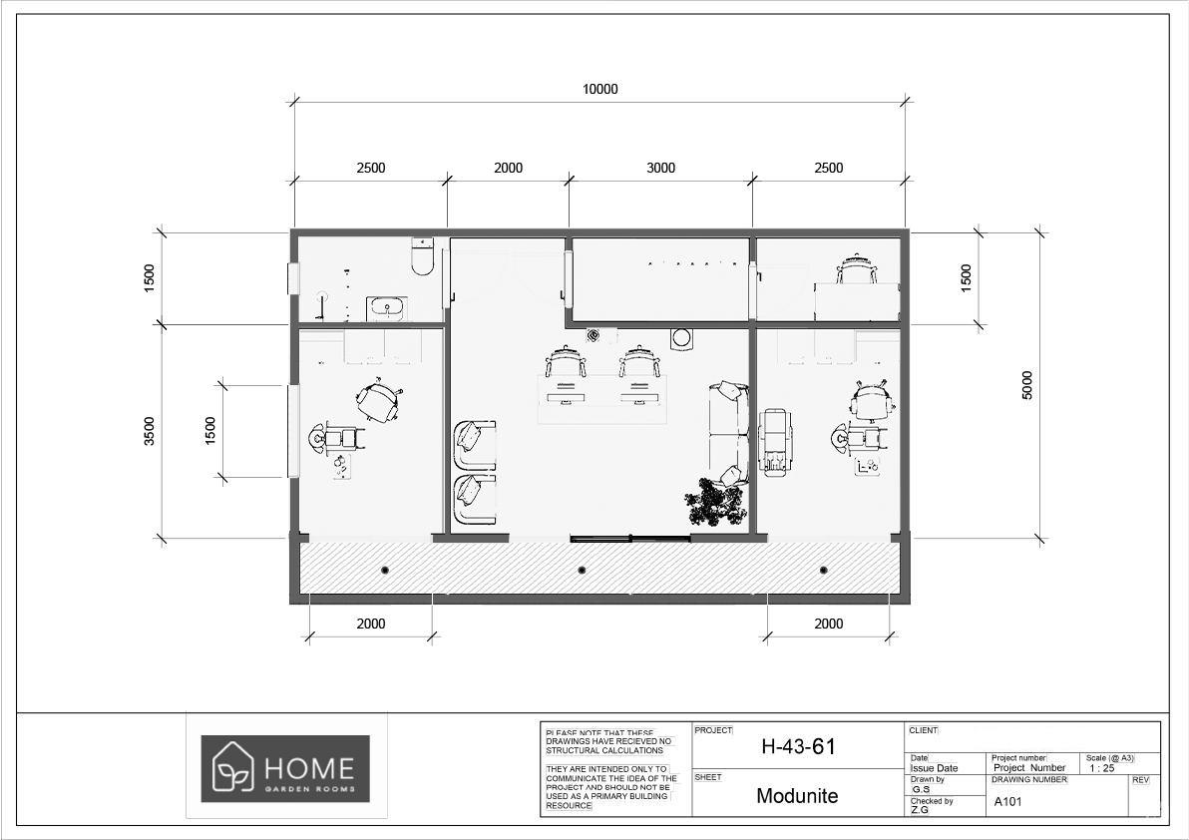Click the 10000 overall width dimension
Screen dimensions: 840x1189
(599, 89)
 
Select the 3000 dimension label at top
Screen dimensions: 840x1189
(660, 168)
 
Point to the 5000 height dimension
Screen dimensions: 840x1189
(1027, 385)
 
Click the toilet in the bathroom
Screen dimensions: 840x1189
(423, 257)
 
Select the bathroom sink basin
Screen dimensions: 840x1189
(386, 308)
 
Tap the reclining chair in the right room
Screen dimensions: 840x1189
(775, 440)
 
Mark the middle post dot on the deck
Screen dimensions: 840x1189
(583, 570)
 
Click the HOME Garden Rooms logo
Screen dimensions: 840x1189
(285, 768)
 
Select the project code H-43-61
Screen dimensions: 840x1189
(797, 746)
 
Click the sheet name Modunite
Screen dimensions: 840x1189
(797, 796)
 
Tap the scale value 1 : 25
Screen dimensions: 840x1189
(1101, 768)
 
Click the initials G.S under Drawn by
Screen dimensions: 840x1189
(921, 789)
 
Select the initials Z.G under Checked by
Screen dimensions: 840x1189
(921, 810)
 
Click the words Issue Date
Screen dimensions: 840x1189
(934, 768)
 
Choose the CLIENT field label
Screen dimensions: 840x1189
(923, 730)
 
